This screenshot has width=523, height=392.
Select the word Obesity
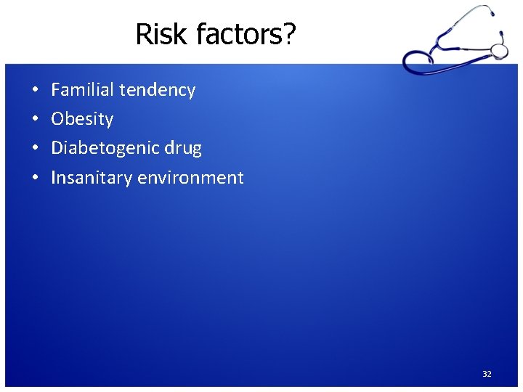82,120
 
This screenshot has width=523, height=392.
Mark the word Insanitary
89,178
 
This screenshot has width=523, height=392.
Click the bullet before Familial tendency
35,91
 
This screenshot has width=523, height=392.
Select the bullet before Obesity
35,120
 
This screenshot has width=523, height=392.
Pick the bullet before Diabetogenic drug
35,149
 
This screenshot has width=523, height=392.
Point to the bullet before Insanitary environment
35,178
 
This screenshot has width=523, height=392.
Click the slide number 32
487,374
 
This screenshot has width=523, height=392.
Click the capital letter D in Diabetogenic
57,148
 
